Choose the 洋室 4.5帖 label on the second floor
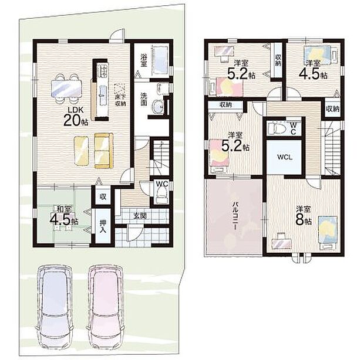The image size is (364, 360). click(x=313, y=69)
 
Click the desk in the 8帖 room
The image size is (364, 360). click(x=281, y=240)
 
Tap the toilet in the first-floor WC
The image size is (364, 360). click(x=160, y=196)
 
